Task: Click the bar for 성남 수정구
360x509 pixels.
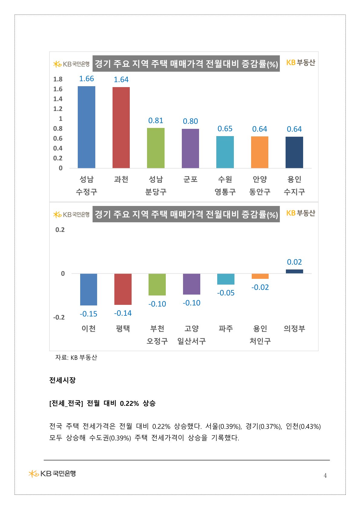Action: (87, 127)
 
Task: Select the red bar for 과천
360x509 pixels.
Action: (121, 128)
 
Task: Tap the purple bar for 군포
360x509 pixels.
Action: (190, 148)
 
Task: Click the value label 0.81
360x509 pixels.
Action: (155, 121)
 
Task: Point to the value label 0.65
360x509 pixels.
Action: (225, 129)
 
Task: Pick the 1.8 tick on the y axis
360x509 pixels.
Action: (58, 79)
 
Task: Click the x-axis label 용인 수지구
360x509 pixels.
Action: (294, 185)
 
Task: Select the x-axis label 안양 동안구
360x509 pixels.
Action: (260, 185)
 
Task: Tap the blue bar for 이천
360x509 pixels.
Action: (89, 289)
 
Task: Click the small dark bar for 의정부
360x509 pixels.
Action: (294, 271)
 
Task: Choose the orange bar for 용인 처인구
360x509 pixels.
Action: (260, 276)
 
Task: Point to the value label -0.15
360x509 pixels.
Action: (88, 314)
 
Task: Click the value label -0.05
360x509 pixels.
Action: (226, 293)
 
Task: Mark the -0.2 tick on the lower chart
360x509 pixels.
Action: (59, 317)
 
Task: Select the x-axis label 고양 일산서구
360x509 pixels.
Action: (191, 335)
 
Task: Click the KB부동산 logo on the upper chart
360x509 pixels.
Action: (300, 63)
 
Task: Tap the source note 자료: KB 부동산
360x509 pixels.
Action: (76, 357)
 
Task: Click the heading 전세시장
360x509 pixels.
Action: (62, 380)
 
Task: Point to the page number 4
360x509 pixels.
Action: (325, 475)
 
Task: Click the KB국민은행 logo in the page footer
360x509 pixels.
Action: (52, 473)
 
